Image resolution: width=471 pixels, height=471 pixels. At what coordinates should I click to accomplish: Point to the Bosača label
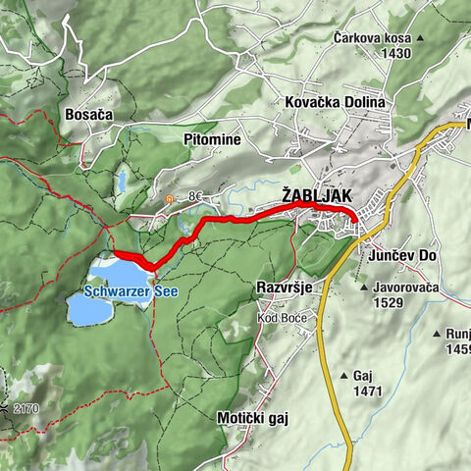click(x=88, y=115)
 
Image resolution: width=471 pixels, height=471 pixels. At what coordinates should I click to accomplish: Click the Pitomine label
click(x=212, y=140)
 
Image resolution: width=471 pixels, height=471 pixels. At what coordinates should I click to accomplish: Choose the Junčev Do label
click(x=403, y=255)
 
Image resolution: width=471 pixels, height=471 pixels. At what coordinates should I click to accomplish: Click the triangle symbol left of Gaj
click(x=343, y=376)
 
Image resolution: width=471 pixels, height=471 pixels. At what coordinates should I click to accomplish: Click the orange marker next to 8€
click(x=170, y=198)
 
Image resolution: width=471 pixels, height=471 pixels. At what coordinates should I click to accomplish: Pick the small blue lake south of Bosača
click(x=122, y=182)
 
